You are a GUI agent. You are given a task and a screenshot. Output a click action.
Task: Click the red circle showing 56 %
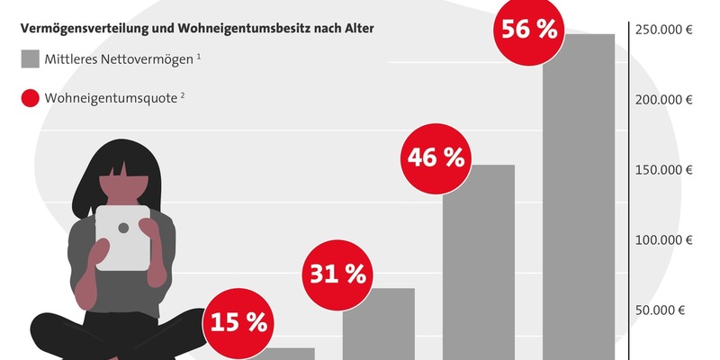529,30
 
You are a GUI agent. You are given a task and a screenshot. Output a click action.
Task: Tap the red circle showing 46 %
436,158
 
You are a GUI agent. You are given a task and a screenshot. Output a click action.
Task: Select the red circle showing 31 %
337,274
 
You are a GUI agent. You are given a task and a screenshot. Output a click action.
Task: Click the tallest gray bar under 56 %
578,198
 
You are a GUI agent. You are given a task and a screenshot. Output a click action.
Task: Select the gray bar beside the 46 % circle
479,261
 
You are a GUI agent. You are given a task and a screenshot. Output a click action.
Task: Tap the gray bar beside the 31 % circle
379,324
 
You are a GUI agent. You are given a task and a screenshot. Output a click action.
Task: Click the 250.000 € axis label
665,30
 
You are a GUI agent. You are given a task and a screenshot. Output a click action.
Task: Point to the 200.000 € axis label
665,100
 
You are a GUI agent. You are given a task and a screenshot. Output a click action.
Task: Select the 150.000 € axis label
665,170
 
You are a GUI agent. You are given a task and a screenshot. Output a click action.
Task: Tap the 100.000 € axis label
665,240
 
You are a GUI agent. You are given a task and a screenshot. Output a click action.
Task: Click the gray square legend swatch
31,60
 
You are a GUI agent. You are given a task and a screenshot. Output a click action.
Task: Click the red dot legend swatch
31,97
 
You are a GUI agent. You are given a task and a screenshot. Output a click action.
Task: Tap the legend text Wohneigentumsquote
111,97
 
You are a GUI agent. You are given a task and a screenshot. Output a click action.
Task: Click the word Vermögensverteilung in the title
79,29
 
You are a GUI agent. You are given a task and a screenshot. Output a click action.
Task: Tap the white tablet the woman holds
123,237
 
